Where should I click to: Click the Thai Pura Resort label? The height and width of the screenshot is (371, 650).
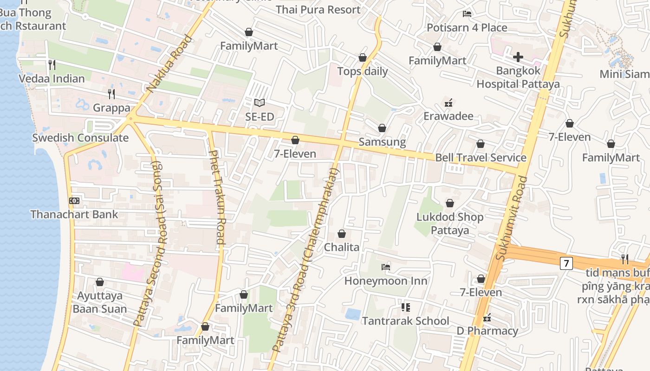coord(318,10)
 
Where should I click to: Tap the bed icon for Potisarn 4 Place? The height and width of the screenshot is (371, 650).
coord(467,14)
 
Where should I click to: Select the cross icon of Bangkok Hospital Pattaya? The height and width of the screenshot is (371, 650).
coord(518,57)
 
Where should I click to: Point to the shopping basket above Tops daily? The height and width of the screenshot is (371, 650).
coord(362,58)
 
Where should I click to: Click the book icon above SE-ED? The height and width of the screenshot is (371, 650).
coord(260,102)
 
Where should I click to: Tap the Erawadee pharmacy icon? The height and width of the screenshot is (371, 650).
coord(448,102)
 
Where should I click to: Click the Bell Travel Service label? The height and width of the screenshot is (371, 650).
coord(481,158)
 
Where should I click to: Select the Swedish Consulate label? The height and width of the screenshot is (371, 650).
coord(80,138)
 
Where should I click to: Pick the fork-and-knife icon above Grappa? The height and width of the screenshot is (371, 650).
coord(111,94)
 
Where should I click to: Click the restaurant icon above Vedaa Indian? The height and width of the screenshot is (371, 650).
coord(52,64)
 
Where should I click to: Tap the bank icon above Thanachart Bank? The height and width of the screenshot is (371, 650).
coord(74,201)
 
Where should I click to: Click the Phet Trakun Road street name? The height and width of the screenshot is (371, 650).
coord(217,197)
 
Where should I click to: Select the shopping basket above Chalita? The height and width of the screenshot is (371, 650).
coord(342,234)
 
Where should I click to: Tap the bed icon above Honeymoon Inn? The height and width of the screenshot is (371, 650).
coord(385,267)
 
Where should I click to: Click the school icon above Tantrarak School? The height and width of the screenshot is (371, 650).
coord(405,307)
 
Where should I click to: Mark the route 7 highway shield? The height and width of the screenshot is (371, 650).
coord(565,263)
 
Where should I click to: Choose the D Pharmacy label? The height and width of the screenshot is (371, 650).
coord(487,331)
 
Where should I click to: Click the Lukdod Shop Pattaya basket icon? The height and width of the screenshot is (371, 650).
coord(449,203)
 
